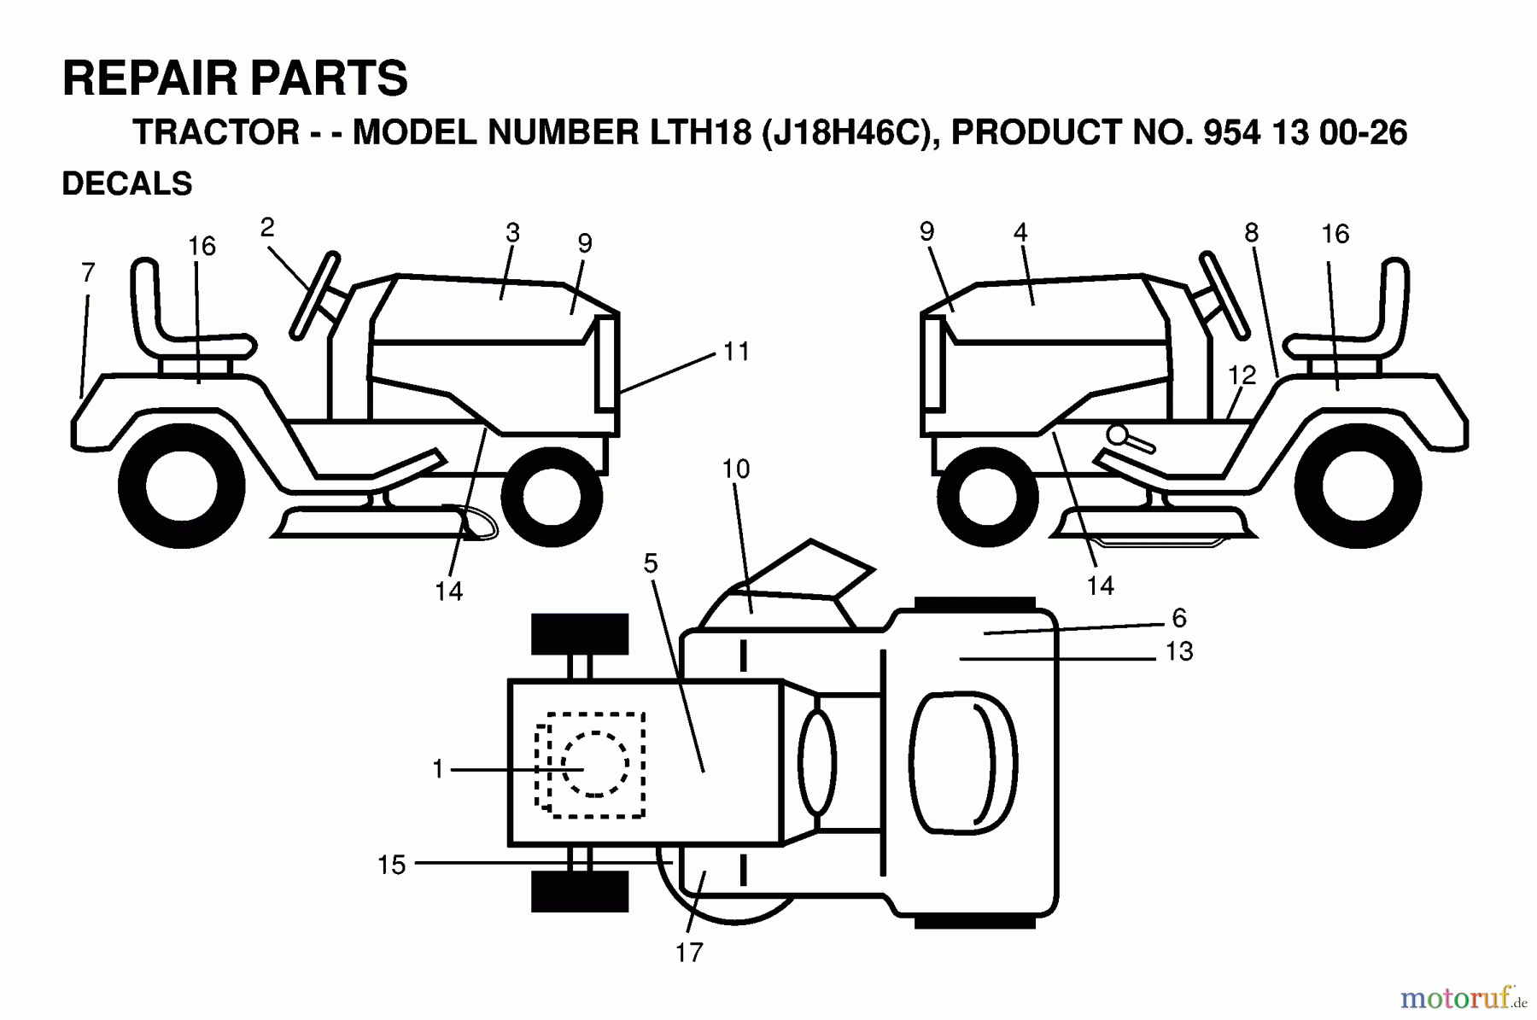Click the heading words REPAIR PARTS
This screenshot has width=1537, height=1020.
[x=235, y=79]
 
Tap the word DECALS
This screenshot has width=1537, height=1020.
[x=127, y=184]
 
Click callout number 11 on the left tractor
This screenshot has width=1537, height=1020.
[x=736, y=352]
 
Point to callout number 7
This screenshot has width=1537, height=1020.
[x=88, y=273]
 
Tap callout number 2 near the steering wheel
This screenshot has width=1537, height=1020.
[x=267, y=228]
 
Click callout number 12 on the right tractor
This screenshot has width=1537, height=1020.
[x=1242, y=376]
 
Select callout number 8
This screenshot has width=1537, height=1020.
[x=1251, y=233]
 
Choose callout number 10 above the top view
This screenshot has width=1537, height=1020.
[x=735, y=469]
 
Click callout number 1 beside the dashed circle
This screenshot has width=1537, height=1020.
[x=438, y=770]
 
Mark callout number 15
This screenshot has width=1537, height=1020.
[x=391, y=865]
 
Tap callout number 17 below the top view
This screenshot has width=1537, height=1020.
[x=689, y=953]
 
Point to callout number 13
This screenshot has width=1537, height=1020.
[x=1178, y=652]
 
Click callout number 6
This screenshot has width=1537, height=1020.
[x=1178, y=618]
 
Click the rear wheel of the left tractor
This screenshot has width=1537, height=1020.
[x=183, y=487]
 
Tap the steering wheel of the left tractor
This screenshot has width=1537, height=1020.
[x=314, y=295]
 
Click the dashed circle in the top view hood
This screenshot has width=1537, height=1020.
[x=595, y=764]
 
